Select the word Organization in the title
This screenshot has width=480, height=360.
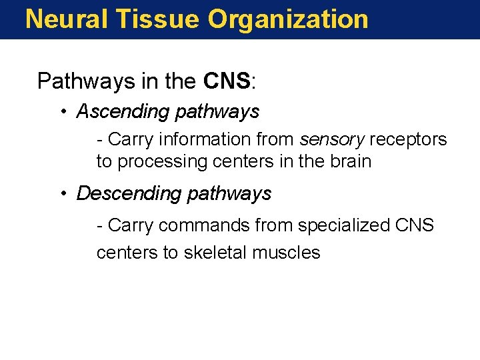[x=288, y=19]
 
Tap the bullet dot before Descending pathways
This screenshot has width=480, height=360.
[x=63, y=193]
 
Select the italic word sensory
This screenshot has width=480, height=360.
[x=331, y=139]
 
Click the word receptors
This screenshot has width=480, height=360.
[x=408, y=139]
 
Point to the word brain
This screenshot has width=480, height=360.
[x=349, y=161]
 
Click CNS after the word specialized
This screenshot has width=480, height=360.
[x=415, y=225]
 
